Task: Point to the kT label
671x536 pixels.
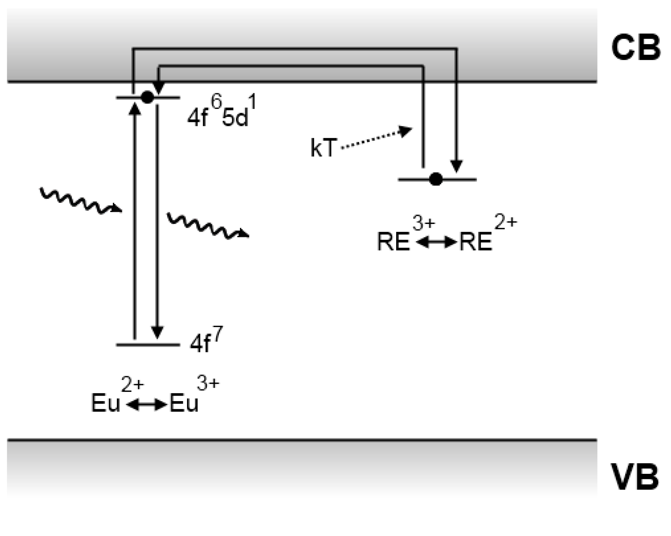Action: click(x=323, y=148)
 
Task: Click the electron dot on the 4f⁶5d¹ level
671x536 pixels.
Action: click(x=147, y=97)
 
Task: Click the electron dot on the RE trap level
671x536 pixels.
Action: click(x=436, y=179)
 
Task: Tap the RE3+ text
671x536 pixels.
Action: click(x=405, y=236)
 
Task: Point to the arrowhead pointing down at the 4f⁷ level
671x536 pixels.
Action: click(x=157, y=332)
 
